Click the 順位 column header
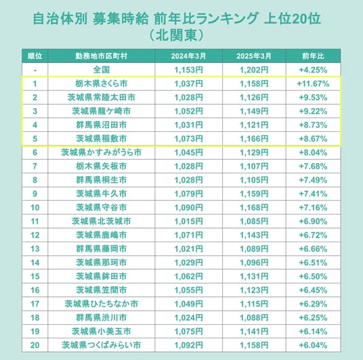click(35, 56)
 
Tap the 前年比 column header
click(313, 56)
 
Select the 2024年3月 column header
click(188, 56)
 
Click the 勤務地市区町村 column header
click(101, 56)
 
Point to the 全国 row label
click(101, 70)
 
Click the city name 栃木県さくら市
click(101, 83)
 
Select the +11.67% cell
click(313, 83)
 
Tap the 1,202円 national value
click(254, 70)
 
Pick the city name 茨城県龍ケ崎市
click(101, 111)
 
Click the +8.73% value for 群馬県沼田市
click(313, 125)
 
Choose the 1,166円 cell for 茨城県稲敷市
click(254, 139)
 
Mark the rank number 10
click(35, 208)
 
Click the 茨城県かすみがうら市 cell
click(101, 152)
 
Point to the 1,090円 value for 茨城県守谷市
click(188, 208)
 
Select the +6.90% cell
click(313, 221)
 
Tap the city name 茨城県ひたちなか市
click(101, 304)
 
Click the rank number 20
click(35, 345)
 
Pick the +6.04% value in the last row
click(313, 345)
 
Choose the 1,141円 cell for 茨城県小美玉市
click(254, 332)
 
